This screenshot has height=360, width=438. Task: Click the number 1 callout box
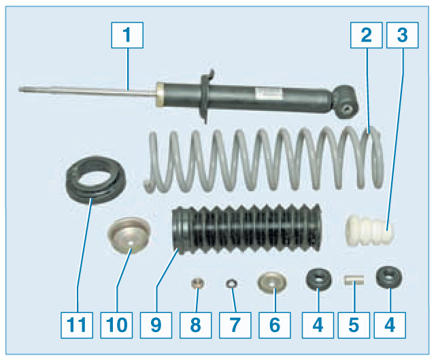[x=127, y=35]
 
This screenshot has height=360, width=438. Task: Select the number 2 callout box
[x=366, y=35]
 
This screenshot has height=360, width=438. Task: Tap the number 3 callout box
[x=402, y=35]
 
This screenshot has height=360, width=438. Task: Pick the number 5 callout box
[x=354, y=325]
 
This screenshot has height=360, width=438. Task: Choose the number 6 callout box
[x=275, y=325]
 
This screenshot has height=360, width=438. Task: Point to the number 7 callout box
[x=235, y=325]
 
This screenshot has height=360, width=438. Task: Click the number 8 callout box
[x=196, y=325]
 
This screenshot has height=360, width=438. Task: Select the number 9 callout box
[x=156, y=325]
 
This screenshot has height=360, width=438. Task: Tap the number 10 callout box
[x=116, y=325]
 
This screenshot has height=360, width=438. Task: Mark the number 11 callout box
[x=77, y=325]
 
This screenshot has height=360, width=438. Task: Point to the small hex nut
[x=197, y=283]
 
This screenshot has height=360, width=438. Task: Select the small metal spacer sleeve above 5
[x=354, y=280]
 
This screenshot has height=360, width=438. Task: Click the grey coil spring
[x=264, y=159]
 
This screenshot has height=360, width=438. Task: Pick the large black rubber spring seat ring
[x=95, y=180]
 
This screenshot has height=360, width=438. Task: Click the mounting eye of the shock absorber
[x=346, y=102]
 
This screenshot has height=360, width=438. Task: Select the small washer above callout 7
[x=231, y=284]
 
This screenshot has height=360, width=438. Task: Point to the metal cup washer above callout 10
[x=129, y=235]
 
